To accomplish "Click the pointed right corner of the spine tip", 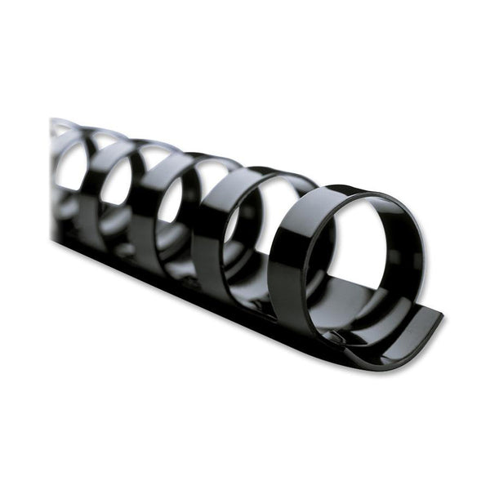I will tap(442, 314).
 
